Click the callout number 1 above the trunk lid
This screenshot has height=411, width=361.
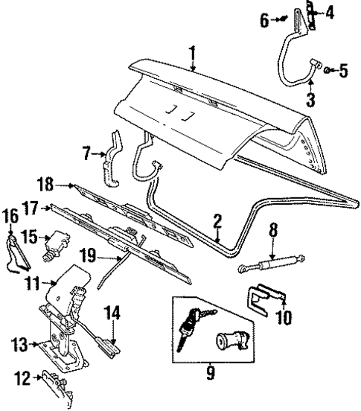(191, 53)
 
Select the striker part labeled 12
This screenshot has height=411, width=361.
(55, 380)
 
